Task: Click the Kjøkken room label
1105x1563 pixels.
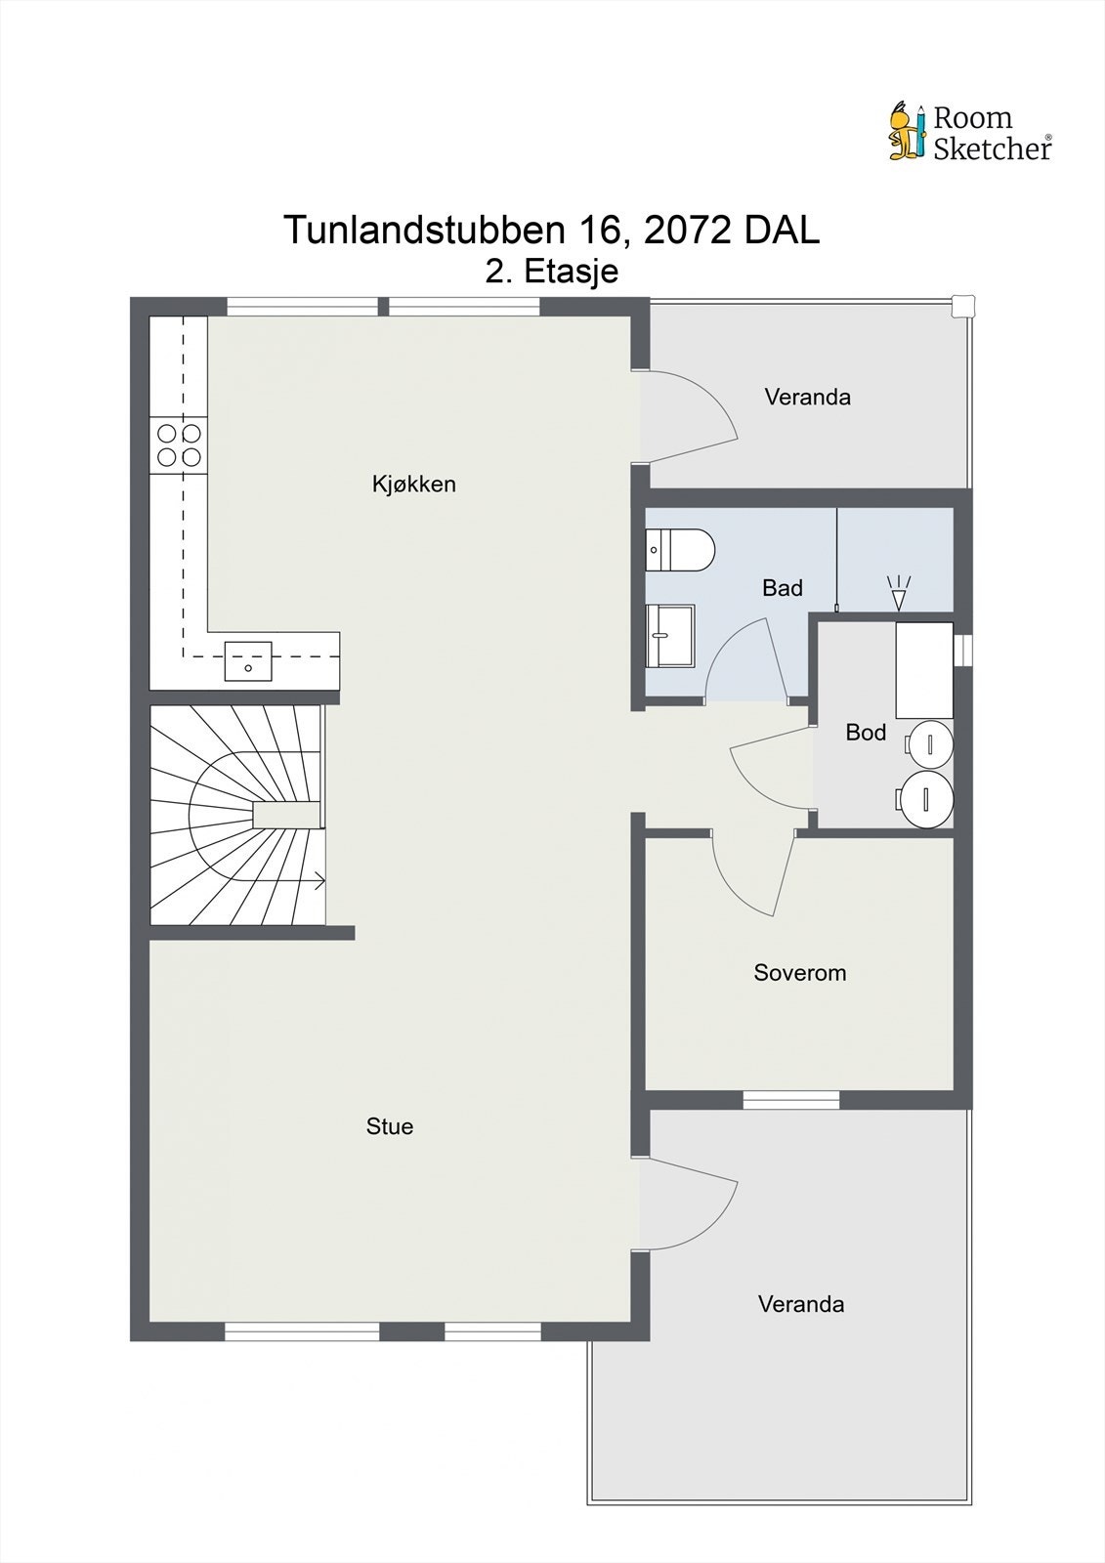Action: coord(413,484)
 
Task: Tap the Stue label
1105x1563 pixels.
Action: coord(389,1126)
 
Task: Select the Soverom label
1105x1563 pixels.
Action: coord(799,972)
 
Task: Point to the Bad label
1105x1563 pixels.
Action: coord(782,587)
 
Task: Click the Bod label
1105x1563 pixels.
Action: coord(866,732)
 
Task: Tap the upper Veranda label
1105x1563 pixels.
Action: coord(807,397)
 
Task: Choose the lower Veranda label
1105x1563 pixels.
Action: coord(801,1303)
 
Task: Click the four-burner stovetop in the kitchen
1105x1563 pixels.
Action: coord(179,444)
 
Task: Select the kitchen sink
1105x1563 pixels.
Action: coord(248,660)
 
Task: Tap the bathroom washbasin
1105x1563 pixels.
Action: coord(670,634)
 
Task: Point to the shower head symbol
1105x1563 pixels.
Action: coord(898,592)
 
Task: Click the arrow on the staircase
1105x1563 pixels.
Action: coord(319,881)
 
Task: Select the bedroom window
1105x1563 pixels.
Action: coord(791,1100)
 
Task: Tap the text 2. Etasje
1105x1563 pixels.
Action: coord(552,271)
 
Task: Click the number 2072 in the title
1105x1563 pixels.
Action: coord(689,231)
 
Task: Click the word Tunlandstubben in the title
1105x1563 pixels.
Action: coord(423,231)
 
